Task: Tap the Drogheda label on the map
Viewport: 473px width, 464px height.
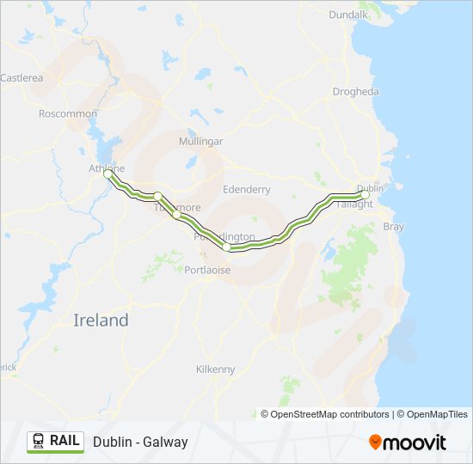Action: (x=355, y=92)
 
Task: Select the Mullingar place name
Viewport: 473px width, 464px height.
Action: (x=200, y=141)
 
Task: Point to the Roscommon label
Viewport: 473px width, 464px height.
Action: (x=65, y=113)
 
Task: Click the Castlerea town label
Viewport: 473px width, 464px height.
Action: (x=21, y=77)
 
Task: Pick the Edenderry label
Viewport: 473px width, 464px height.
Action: (x=246, y=189)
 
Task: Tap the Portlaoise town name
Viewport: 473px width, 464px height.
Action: (x=207, y=270)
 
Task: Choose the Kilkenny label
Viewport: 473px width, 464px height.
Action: (x=215, y=369)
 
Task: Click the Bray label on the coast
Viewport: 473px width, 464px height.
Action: (x=393, y=227)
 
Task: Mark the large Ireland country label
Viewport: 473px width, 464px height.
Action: (x=101, y=321)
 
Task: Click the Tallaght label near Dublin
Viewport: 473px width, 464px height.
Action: (x=354, y=205)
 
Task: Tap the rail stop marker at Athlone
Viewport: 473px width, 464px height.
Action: (x=108, y=173)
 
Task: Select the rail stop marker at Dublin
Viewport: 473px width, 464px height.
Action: (x=365, y=195)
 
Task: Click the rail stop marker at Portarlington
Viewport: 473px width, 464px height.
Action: (x=226, y=247)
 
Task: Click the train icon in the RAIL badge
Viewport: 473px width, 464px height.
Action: (x=39, y=442)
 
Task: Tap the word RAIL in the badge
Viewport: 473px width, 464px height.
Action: (x=65, y=442)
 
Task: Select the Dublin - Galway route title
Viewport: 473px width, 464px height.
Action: (x=140, y=443)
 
